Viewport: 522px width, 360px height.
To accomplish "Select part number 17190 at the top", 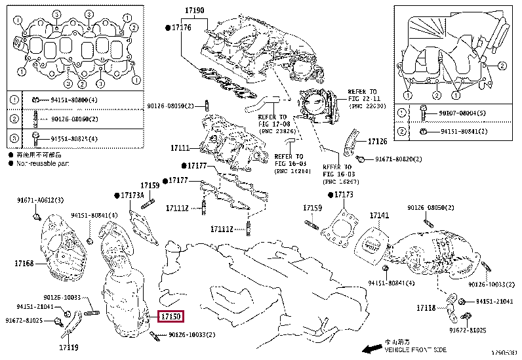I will click(x=194, y=10).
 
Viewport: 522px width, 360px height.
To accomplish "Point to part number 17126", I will click(x=378, y=141).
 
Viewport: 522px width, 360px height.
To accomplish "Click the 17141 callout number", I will click(x=379, y=215).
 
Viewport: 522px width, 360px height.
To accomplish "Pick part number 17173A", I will click(x=131, y=195).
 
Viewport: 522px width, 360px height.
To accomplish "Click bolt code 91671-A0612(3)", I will click(x=40, y=200).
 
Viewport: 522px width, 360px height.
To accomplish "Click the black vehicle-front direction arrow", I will click(x=372, y=348).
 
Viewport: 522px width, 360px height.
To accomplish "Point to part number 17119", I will click(x=68, y=347).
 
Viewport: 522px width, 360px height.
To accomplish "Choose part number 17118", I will click(x=426, y=308).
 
